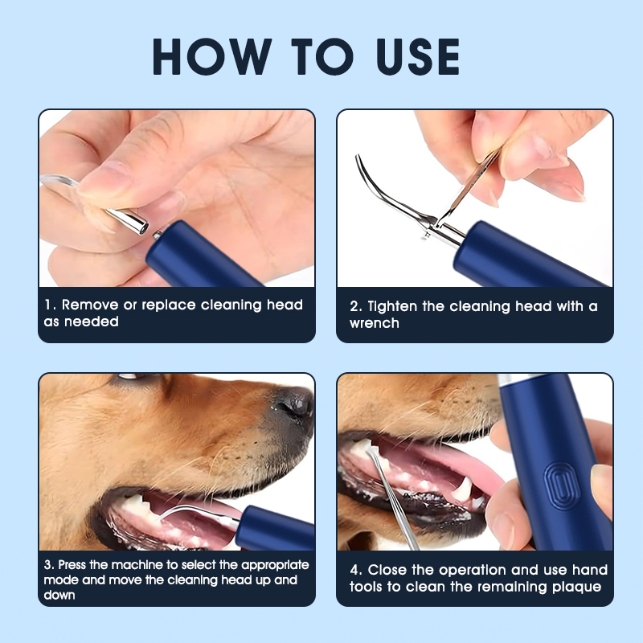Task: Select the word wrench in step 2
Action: (375, 322)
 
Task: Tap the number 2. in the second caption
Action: (356, 306)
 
